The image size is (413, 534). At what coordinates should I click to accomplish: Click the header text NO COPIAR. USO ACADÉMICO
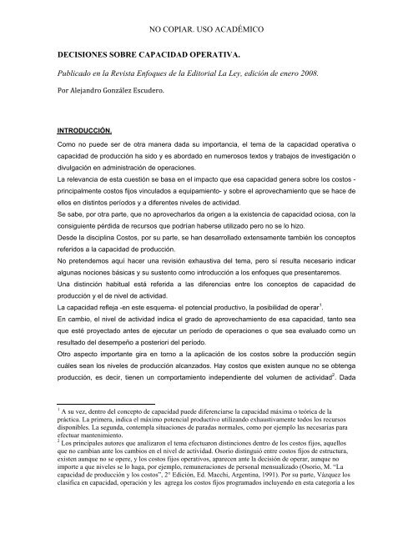click(207, 29)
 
